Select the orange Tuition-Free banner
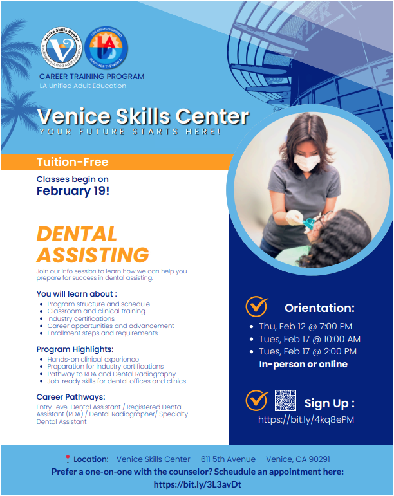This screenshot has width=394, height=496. pos(115,162)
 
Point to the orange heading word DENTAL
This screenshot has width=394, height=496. pos(77,234)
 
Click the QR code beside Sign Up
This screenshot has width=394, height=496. pos(285,401)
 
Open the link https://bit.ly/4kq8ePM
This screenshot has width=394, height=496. pos(306,419)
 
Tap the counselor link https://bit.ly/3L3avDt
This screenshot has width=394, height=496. pos(197,484)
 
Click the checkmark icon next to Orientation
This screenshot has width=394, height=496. pos(257,306)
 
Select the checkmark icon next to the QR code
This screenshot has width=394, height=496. pos(256,401)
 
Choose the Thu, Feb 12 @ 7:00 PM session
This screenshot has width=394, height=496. pos(305,326)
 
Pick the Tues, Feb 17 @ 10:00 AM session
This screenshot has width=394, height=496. pos(309,339)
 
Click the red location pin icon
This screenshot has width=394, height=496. pos(67,459)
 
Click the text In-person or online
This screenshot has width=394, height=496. pos(303,364)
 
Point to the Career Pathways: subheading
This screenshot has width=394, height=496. pos(71,397)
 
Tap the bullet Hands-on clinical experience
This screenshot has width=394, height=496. pos(93,360)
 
